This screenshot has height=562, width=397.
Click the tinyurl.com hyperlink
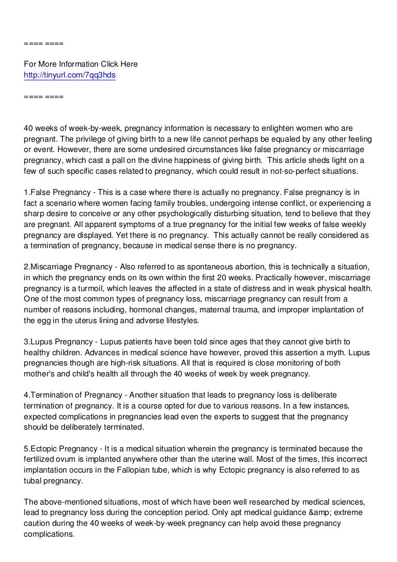tap(70, 75)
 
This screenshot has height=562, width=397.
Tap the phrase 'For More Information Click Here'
tap(81, 65)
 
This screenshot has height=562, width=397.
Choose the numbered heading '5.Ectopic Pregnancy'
tap(60, 449)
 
